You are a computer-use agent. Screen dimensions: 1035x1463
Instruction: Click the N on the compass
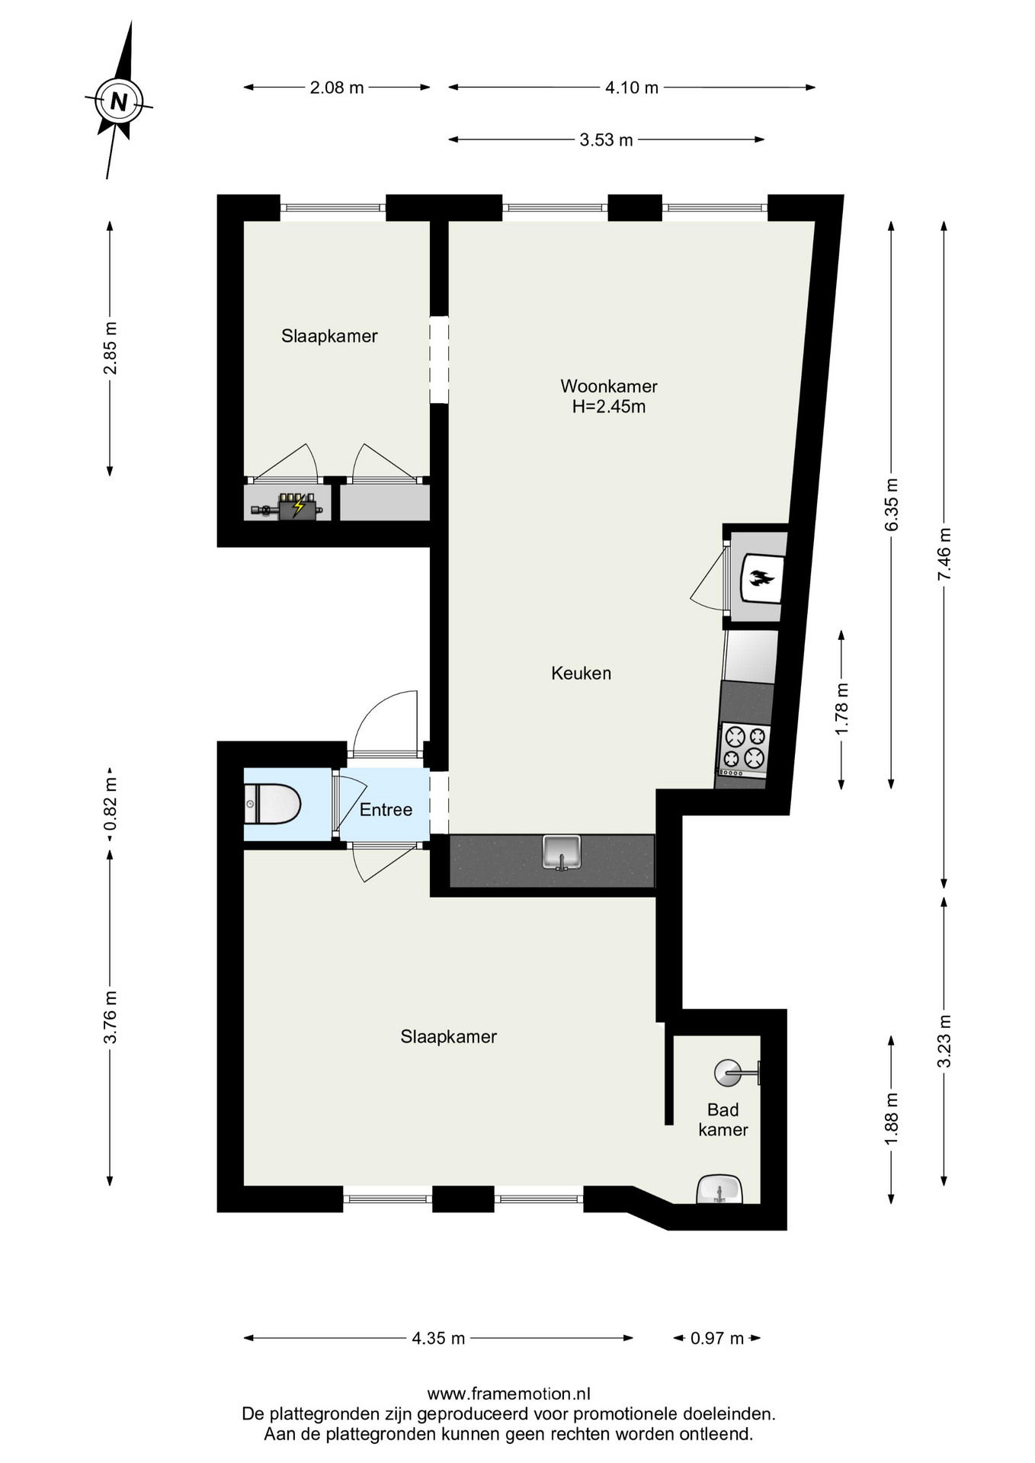point(118,101)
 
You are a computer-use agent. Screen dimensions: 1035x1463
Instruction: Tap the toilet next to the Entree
point(273,804)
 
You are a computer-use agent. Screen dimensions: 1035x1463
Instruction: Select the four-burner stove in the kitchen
point(744,749)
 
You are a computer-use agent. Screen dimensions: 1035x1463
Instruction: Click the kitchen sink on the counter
point(562,852)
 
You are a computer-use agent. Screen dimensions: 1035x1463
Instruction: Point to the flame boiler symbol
point(761,578)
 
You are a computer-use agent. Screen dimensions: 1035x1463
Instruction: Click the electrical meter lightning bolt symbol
point(299,505)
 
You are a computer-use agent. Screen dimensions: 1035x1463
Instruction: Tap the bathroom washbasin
point(719,1189)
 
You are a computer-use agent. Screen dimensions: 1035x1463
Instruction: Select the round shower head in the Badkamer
point(727,1073)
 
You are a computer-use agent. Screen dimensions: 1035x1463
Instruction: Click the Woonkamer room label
point(609,386)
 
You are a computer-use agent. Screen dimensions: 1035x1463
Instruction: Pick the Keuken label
point(582,674)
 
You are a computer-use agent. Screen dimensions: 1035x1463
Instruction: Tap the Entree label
point(386,810)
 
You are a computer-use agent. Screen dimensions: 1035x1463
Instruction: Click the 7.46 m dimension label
point(944,555)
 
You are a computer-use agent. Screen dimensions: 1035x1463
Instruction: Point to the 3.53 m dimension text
point(607,140)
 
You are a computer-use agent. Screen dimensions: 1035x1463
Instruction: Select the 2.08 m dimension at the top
point(337,88)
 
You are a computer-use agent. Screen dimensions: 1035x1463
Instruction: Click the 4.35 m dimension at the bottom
point(438,1339)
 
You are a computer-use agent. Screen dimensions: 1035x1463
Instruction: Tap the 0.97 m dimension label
point(717,1339)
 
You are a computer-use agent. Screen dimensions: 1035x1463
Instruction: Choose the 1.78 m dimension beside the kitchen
point(842,709)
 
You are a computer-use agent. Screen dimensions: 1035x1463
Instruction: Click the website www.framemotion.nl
point(508,1394)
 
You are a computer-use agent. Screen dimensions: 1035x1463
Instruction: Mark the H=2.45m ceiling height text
point(609,407)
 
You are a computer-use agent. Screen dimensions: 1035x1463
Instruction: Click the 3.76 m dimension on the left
point(111,1017)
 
